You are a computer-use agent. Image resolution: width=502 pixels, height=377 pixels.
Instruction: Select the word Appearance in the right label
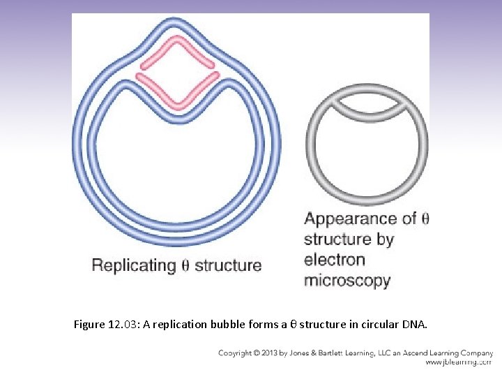350,219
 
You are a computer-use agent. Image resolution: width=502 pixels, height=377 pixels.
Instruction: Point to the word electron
335,260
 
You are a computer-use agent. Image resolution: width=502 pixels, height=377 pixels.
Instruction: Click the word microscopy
347,281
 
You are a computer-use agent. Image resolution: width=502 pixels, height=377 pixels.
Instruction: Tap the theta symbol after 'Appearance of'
425,219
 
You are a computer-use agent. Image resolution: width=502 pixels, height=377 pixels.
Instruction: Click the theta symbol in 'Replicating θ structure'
185,265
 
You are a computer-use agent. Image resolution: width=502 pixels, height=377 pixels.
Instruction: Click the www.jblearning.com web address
458,362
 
